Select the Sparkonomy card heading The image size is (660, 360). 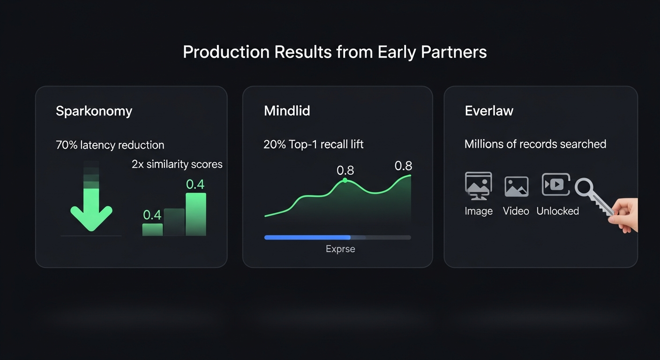tap(94, 111)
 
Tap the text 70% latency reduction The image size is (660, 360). tap(110, 145)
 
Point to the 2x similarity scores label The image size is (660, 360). tap(177, 164)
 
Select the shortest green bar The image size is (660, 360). tap(152, 229)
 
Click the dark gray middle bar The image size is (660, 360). tap(174, 222)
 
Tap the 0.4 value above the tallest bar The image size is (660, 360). tap(195, 184)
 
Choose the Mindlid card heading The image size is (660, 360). tap(287, 111)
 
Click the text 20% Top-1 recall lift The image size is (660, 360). tap(314, 144)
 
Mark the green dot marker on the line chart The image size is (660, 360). tap(345, 180)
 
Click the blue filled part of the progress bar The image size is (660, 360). tap(307, 238)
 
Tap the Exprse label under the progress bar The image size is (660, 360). tap(340, 249)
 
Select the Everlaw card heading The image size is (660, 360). tap(489, 111)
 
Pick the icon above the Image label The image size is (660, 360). tap(478, 185)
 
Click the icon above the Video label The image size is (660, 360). tap(516, 187)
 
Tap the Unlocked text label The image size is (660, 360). tap(557, 211)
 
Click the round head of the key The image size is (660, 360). tap(584, 188)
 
